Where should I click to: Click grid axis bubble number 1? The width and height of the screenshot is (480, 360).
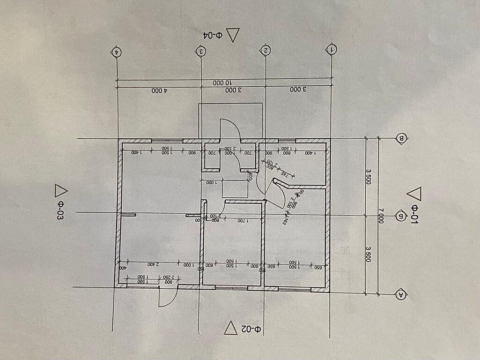point(332,49)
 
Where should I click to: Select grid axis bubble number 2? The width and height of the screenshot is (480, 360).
point(266,49)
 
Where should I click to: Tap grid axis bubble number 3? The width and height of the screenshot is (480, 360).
point(201,50)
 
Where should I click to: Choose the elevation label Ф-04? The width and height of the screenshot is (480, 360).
point(212,34)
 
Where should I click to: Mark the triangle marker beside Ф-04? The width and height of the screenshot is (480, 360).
point(233,35)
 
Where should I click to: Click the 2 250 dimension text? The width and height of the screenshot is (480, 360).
point(169,277)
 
